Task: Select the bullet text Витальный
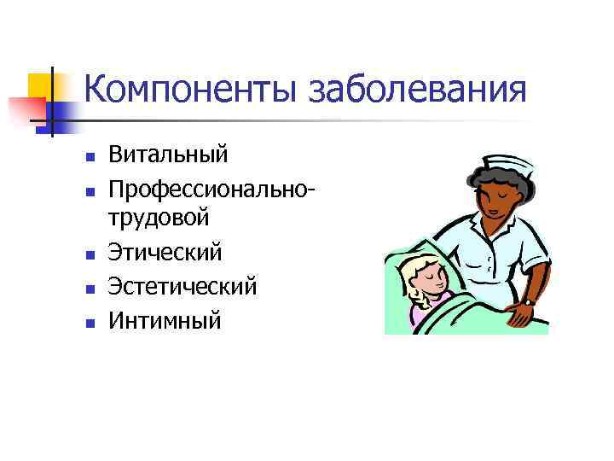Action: (x=168, y=155)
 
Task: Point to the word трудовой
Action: (x=159, y=219)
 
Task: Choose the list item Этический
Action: (x=165, y=252)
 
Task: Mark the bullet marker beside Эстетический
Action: (x=87, y=288)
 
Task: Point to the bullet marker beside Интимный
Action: (x=87, y=322)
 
